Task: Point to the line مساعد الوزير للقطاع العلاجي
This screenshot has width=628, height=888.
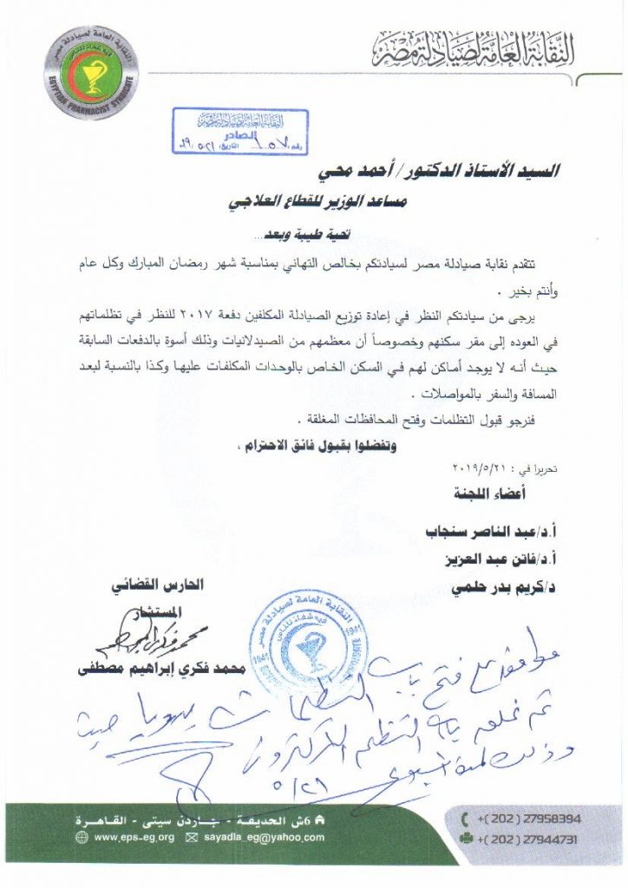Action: (x=346, y=202)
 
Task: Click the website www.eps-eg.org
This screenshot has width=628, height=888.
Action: (x=133, y=837)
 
